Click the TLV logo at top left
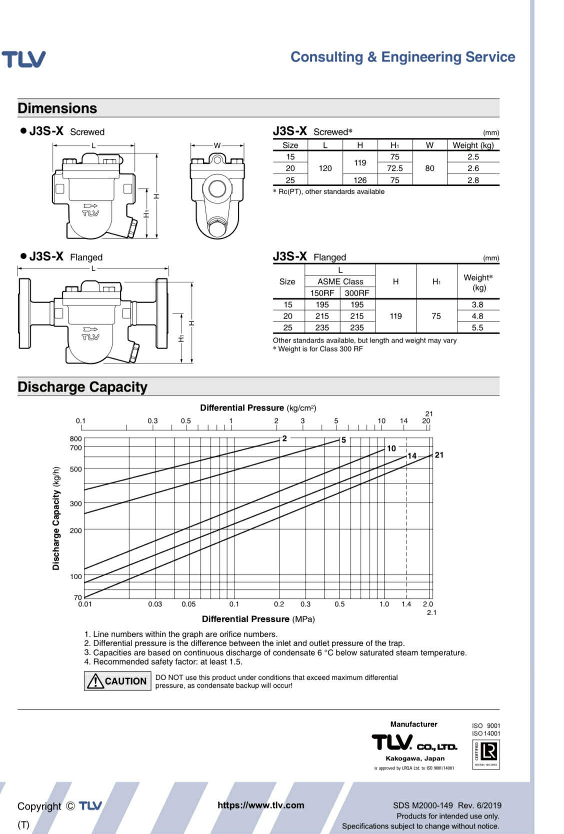coord(23,59)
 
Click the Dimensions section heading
coord(57,108)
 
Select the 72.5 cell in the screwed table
coord(395,168)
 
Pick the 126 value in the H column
coord(359,180)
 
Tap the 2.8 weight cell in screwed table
coord(473,180)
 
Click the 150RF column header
coord(322,293)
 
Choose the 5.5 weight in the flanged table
coord(477,328)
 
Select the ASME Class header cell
coord(340,282)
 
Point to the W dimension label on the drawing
coord(217,146)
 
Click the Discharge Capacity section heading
coord(82,387)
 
